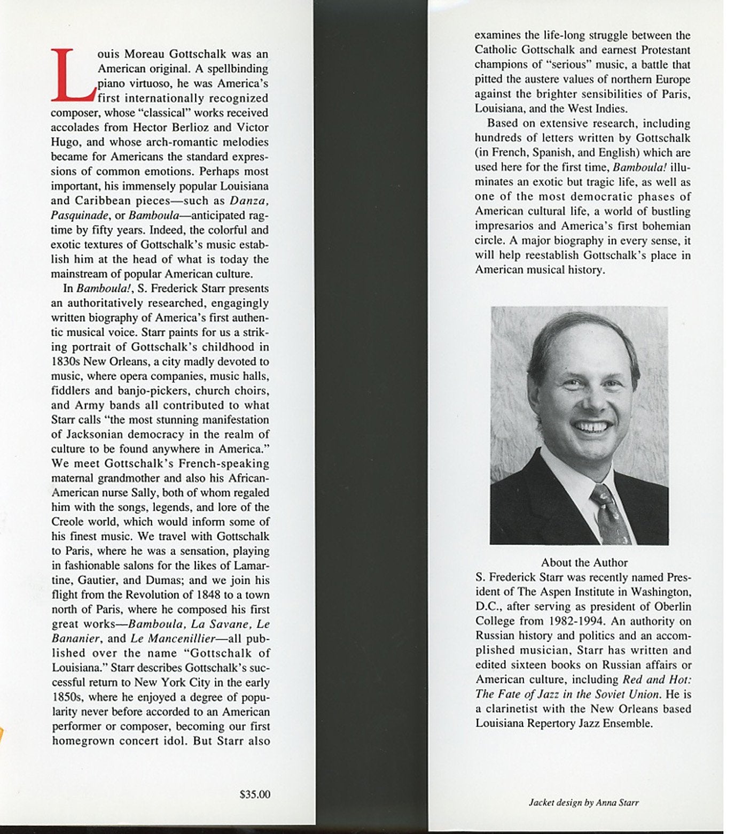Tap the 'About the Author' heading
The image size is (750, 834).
click(584, 562)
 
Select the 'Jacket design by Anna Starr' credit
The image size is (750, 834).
click(584, 802)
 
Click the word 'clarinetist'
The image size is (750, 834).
click(513, 709)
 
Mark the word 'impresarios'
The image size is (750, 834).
click(502, 226)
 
